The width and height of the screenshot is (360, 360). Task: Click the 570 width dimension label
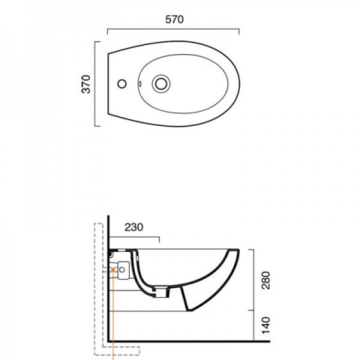(175, 19)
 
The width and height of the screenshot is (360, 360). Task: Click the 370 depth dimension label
(86, 84)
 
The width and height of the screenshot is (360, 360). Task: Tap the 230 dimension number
(134, 227)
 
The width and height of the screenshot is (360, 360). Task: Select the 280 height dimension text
(266, 280)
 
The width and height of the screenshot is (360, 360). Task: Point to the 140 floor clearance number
(266, 325)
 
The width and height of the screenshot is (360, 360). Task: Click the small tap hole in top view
(122, 84)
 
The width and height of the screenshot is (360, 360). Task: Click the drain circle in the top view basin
(161, 84)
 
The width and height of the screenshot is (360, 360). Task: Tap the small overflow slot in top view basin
(140, 84)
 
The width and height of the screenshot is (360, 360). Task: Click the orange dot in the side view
(113, 270)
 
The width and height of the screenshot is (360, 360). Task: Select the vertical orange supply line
(113, 315)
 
